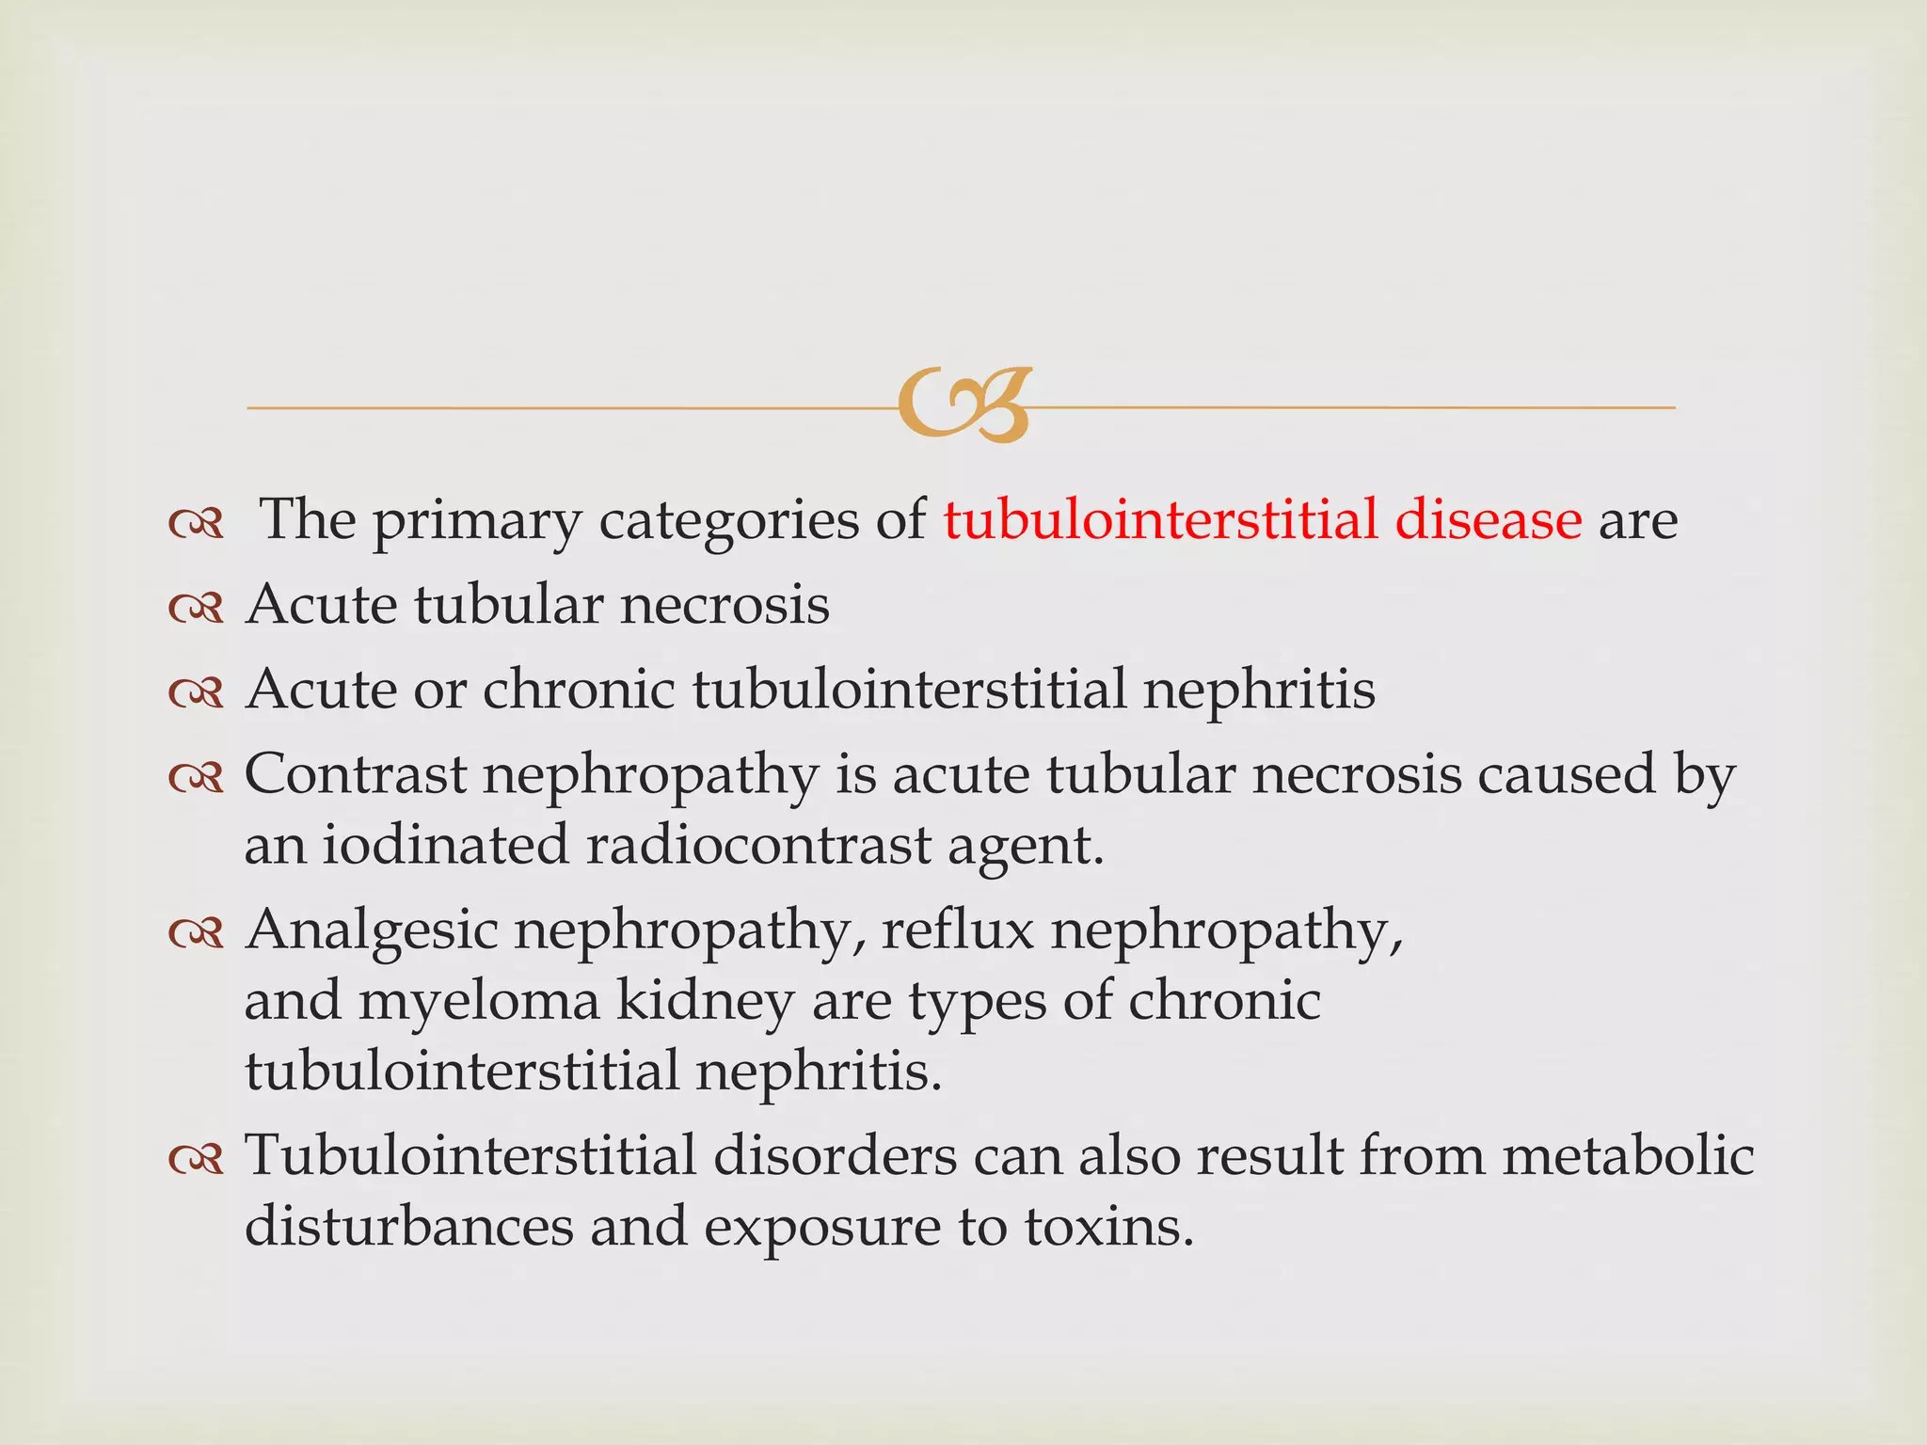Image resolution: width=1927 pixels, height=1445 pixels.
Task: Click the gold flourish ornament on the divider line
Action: (963, 405)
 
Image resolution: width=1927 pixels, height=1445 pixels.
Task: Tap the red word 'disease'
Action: (1488, 519)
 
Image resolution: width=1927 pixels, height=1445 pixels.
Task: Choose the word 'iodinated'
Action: (445, 844)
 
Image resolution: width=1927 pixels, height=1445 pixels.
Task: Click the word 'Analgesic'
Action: (372, 931)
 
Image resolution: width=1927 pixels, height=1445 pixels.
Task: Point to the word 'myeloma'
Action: (479, 1002)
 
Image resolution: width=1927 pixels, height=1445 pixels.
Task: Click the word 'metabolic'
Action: (1628, 1155)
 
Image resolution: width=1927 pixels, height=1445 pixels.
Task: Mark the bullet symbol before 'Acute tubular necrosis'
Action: (196, 608)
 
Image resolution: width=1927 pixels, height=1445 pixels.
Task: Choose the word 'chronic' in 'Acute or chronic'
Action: (579, 689)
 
